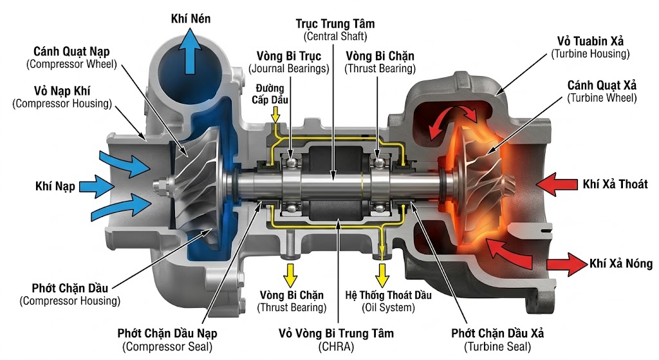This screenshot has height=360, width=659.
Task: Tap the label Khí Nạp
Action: click(55, 187)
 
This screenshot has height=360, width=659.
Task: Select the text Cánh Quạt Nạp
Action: click(71, 52)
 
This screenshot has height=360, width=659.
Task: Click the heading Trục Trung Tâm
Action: click(335, 23)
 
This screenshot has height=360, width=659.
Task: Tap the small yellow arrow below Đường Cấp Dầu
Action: click(275, 114)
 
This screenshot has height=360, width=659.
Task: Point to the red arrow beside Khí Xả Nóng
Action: click(566, 264)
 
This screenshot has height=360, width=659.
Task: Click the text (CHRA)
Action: click(336, 346)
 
